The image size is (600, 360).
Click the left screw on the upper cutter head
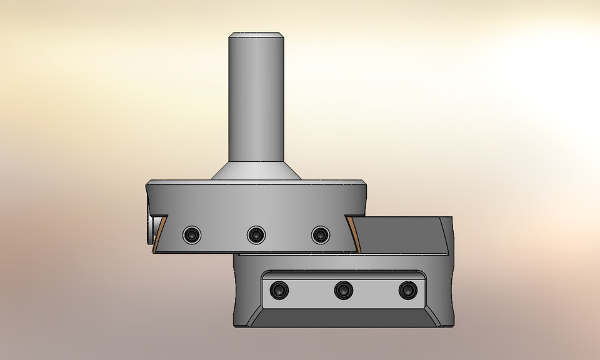[x=192, y=234]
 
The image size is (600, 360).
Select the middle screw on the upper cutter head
[x=256, y=234]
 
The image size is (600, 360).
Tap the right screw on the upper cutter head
[x=320, y=234]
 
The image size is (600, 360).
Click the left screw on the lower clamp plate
[x=277, y=291]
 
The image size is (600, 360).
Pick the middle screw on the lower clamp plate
[x=342, y=290]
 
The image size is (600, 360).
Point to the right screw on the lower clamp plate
[x=408, y=290]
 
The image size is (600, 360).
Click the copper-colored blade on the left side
[x=160, y=234]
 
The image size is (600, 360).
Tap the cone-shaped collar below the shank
[x=256, y=172]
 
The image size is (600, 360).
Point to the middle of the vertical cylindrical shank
[x=256, y=100]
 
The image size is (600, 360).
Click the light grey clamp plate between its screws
[x=375, y=291]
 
